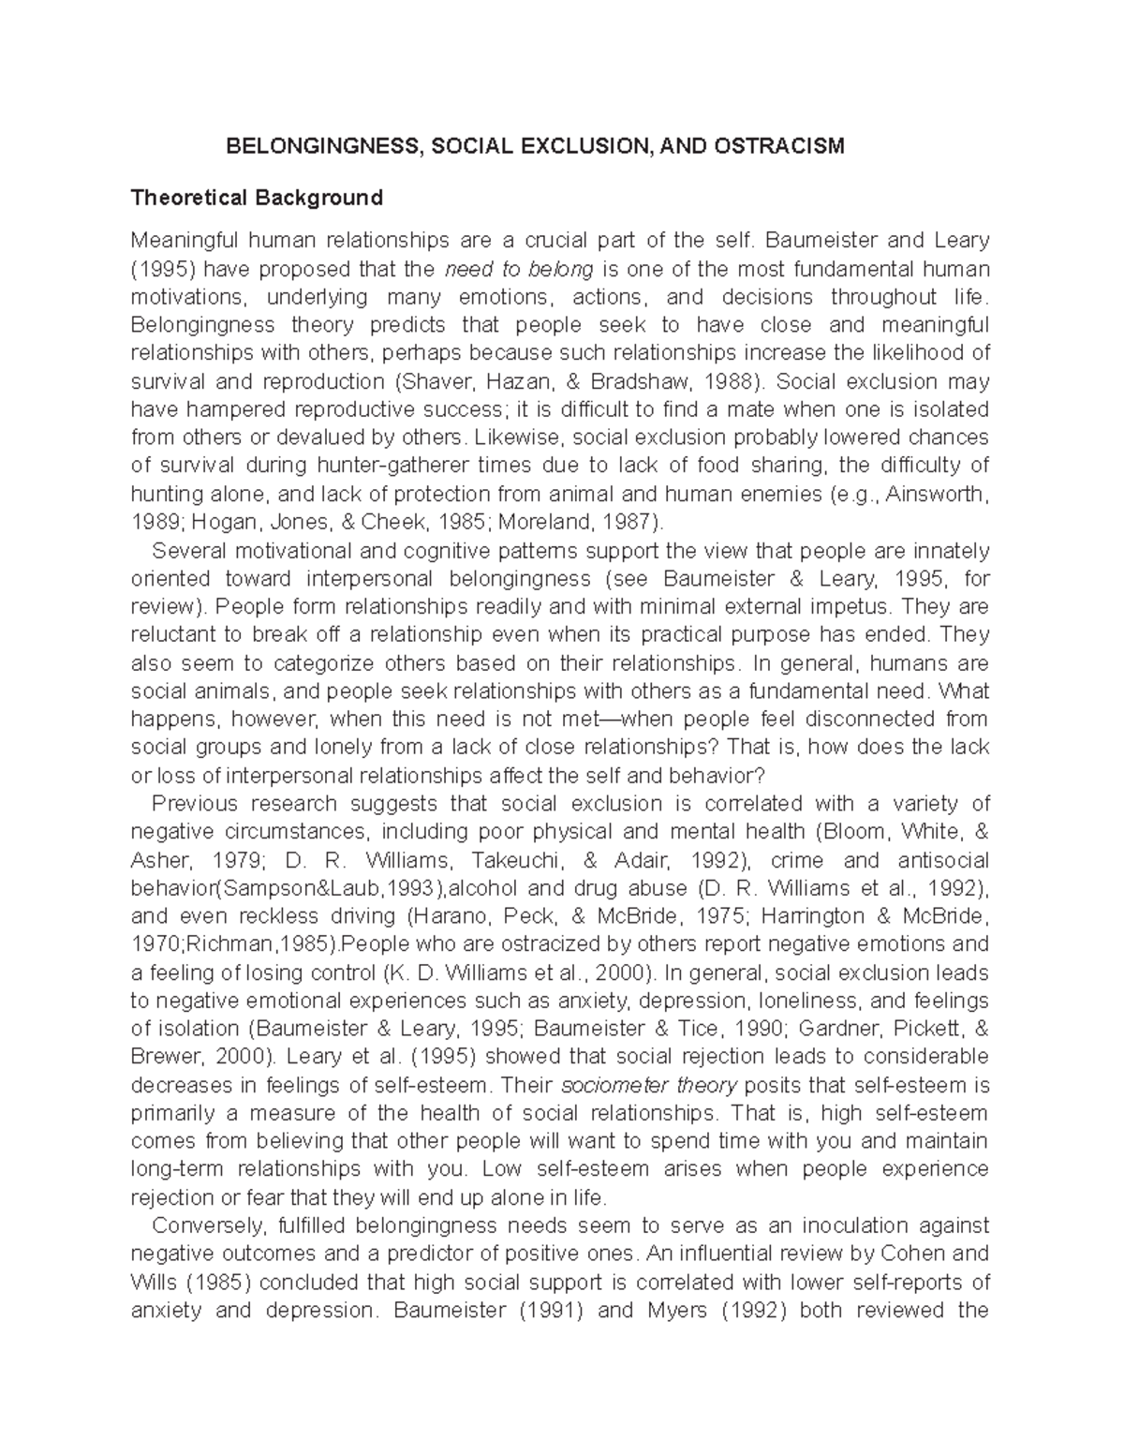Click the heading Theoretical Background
click(257, 198)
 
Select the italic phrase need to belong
click(518, 270)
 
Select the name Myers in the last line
click(674, 1310)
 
